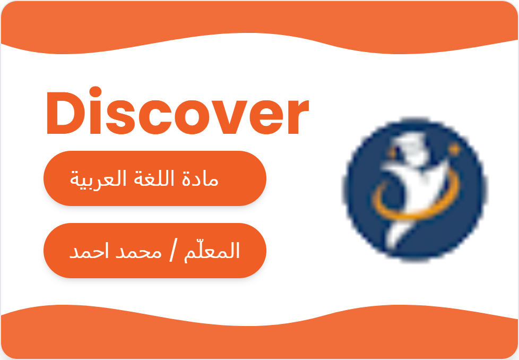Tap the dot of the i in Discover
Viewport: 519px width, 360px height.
tap(95, 92)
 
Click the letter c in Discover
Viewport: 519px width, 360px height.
tap(149, 118)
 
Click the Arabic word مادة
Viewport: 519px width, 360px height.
tap(203, 179)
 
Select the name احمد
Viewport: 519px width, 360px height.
tap(88, 252)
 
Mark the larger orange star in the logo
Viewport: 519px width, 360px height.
tap(454, 150)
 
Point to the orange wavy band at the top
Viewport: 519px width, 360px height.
tap(259, 24)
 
